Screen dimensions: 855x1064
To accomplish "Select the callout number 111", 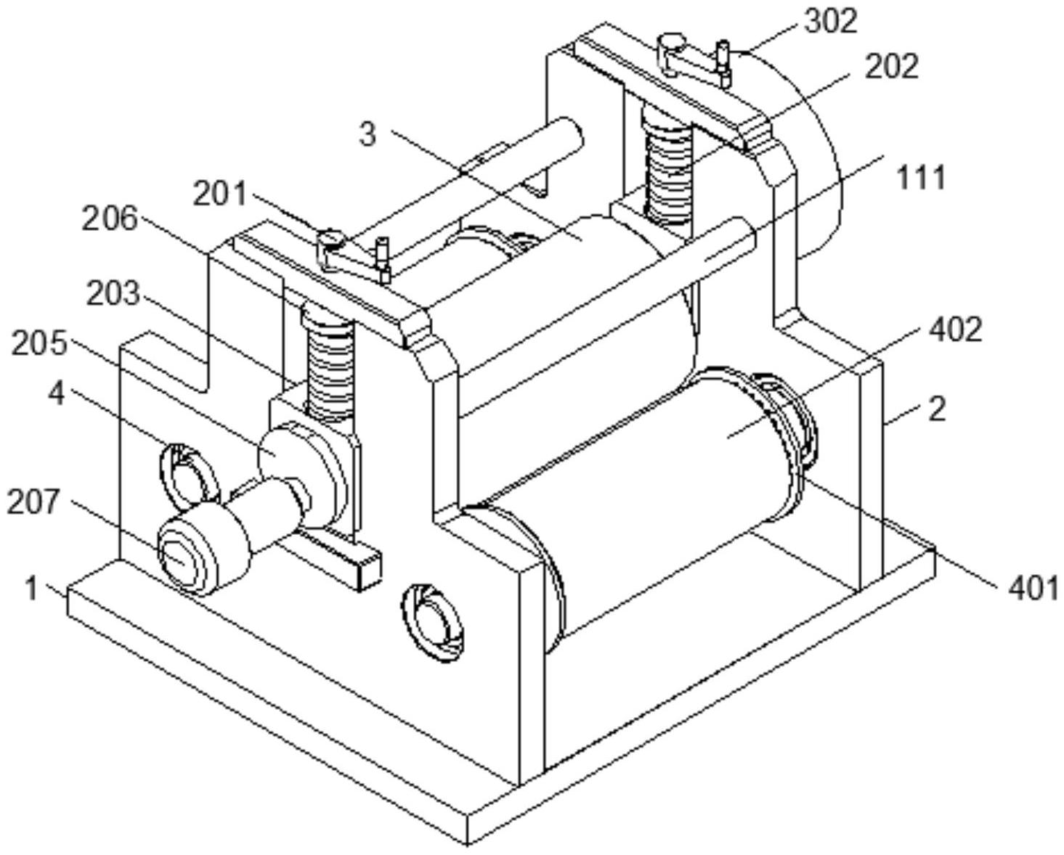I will tap(921, 177).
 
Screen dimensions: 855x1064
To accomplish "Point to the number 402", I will tap(956, 330).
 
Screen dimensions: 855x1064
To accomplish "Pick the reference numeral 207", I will tap(33, 502).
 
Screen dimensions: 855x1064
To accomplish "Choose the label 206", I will tap(110, 218).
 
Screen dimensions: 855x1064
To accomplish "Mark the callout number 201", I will tap(219, 195).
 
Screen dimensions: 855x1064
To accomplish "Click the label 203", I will tap(113, 293).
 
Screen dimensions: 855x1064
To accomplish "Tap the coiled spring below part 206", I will tap(330, 363).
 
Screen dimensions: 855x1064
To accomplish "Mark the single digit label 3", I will tap(368, 134).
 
